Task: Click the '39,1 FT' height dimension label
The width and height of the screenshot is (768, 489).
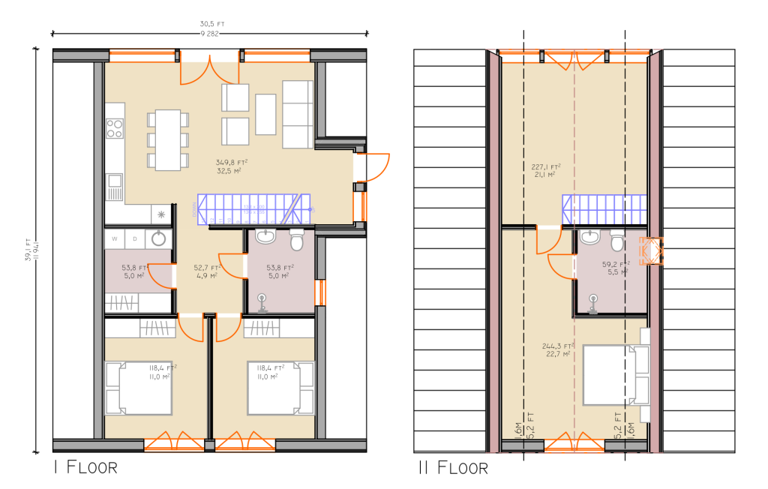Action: [28, 247]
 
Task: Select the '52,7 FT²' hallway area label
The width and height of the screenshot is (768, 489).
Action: [206, 267]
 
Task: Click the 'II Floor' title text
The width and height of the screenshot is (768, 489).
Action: [453, 468]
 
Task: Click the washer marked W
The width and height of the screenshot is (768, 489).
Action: [115, 239]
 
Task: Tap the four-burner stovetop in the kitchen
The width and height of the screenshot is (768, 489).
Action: [114, 128]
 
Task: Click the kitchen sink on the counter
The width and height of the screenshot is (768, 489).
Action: [114, 181]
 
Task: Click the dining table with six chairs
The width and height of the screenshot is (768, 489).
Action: [166, 139]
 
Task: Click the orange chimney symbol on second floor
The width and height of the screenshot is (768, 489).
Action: [650, 251]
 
